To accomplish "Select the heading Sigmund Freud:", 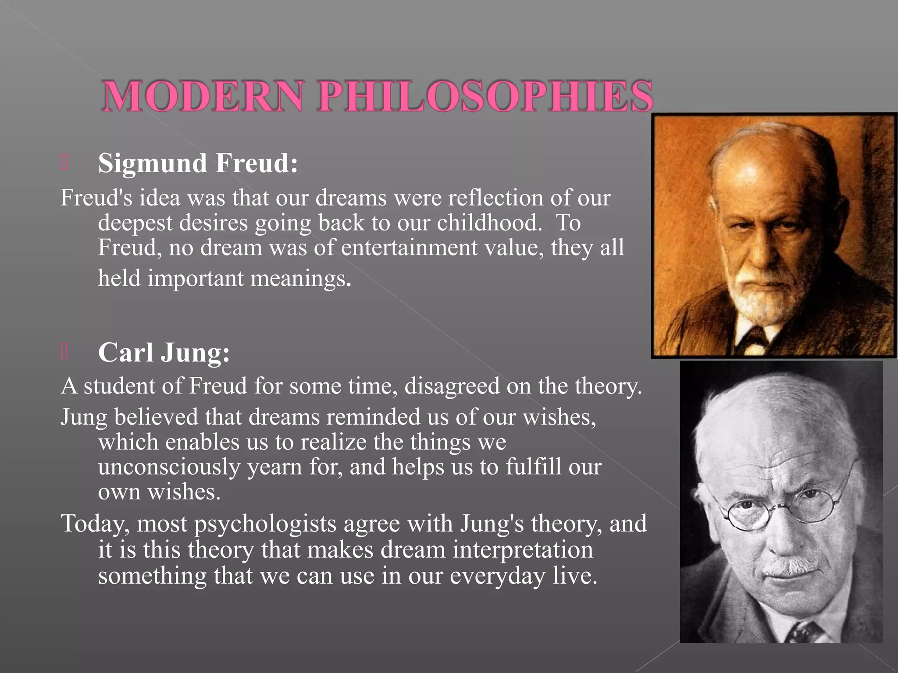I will (x=198, y=163).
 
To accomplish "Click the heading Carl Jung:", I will (x=164, y=352).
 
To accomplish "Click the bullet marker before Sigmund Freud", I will (x=64, y=163).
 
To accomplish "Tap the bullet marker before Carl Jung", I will (x=64, y=352).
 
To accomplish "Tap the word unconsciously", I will (x=169, y=467).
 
